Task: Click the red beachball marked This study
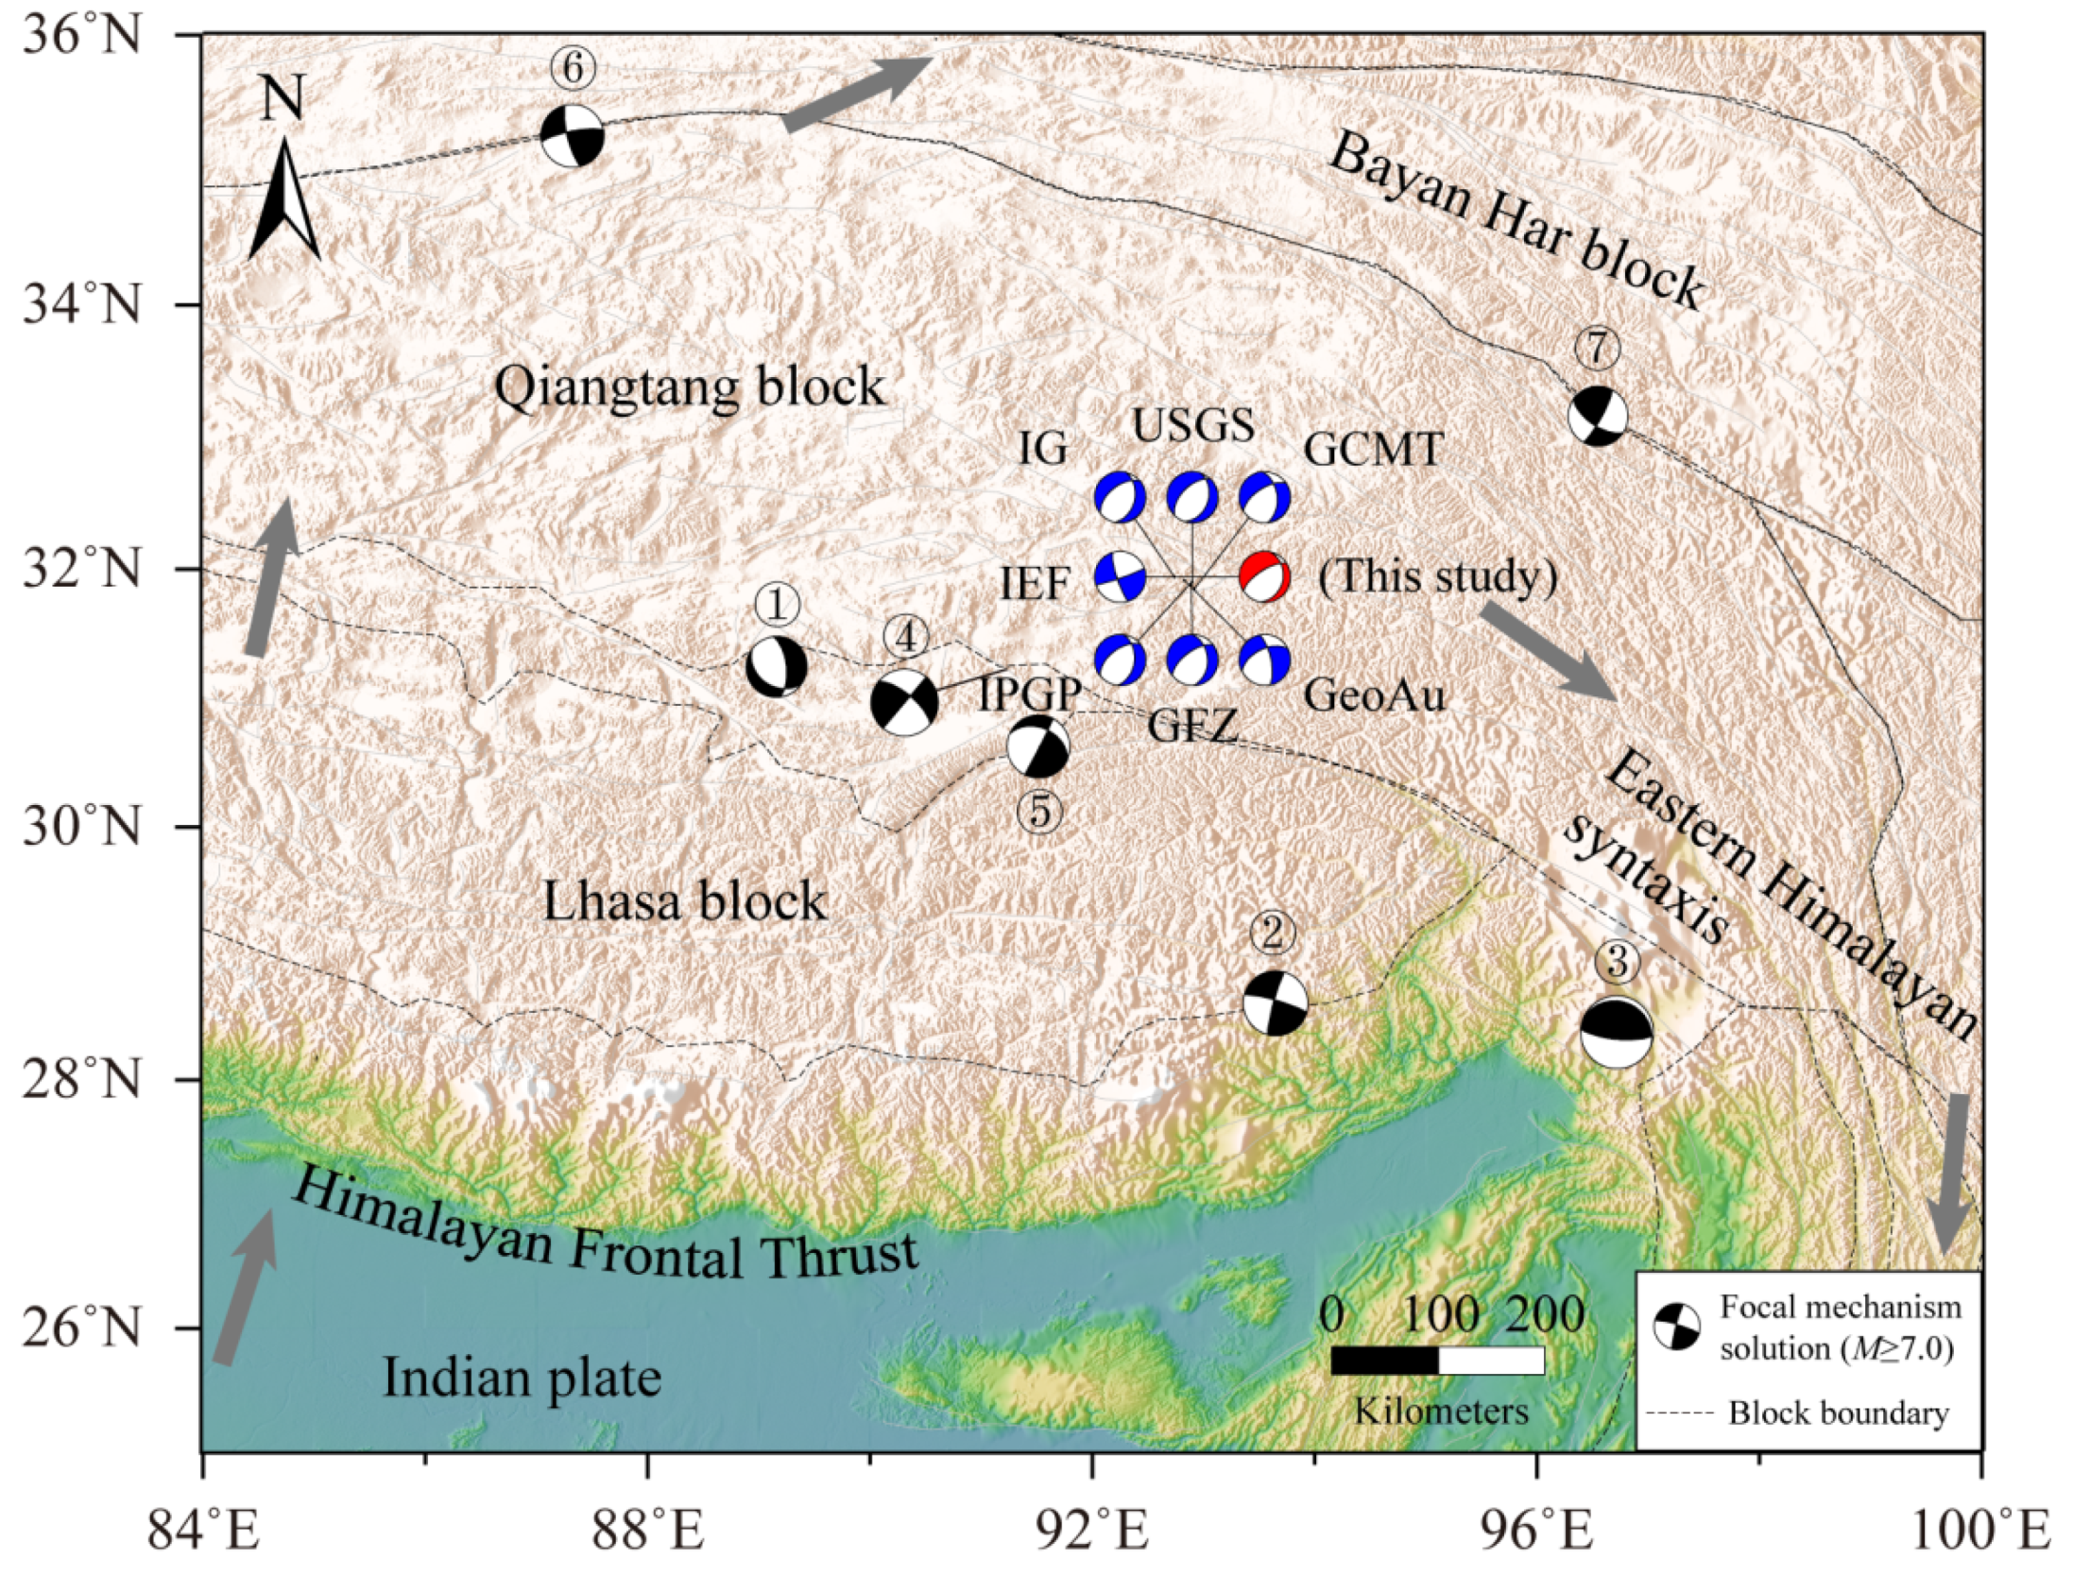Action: [1264, 576]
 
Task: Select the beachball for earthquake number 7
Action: [1598, 415]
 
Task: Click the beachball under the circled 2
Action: [1276, 1003]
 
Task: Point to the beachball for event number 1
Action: [777, 666]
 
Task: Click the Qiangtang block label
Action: [690, 387]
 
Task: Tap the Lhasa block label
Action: [685, 902]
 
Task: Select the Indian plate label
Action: [522, 1378]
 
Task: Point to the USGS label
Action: [1193, 426]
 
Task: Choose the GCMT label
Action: [1373, 450]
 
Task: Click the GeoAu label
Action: [1375, 696]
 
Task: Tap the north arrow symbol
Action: [283, 198]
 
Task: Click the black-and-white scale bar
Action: [1437, 1360]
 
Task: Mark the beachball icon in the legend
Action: [1676, 1327]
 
